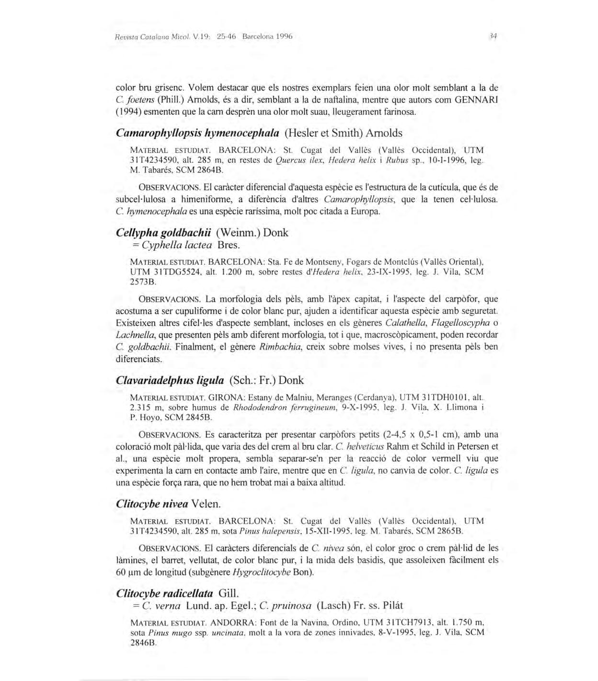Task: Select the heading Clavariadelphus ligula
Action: point(170,380)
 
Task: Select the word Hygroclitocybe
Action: point(261,572)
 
